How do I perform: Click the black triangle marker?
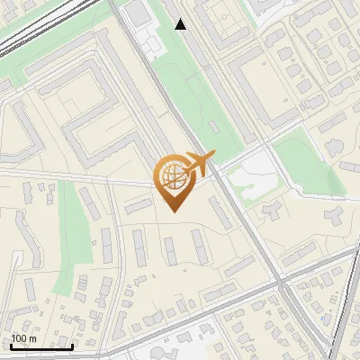[x=181, y=24]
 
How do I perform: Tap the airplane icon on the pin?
[x=198, y=164]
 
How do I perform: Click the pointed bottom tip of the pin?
[x=174, y=211]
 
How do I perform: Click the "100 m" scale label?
[x=24, y=338]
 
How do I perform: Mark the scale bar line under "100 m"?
[x=41, y=346]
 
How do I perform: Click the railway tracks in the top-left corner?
[x=27, y=40]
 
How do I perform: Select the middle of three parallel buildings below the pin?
[x=167, y=247]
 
